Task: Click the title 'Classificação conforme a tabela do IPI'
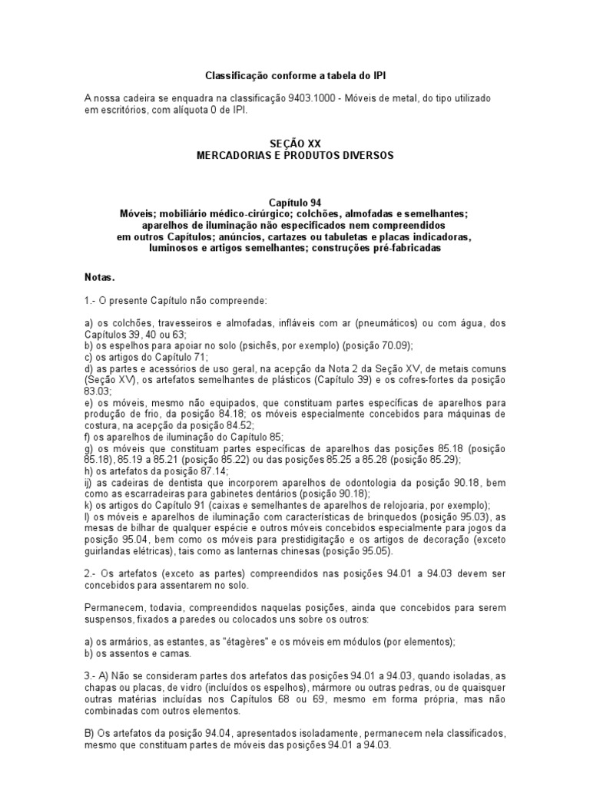[294, 75]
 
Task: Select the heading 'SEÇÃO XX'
[294, 144]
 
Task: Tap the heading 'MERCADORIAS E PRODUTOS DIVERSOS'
[294, 155]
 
